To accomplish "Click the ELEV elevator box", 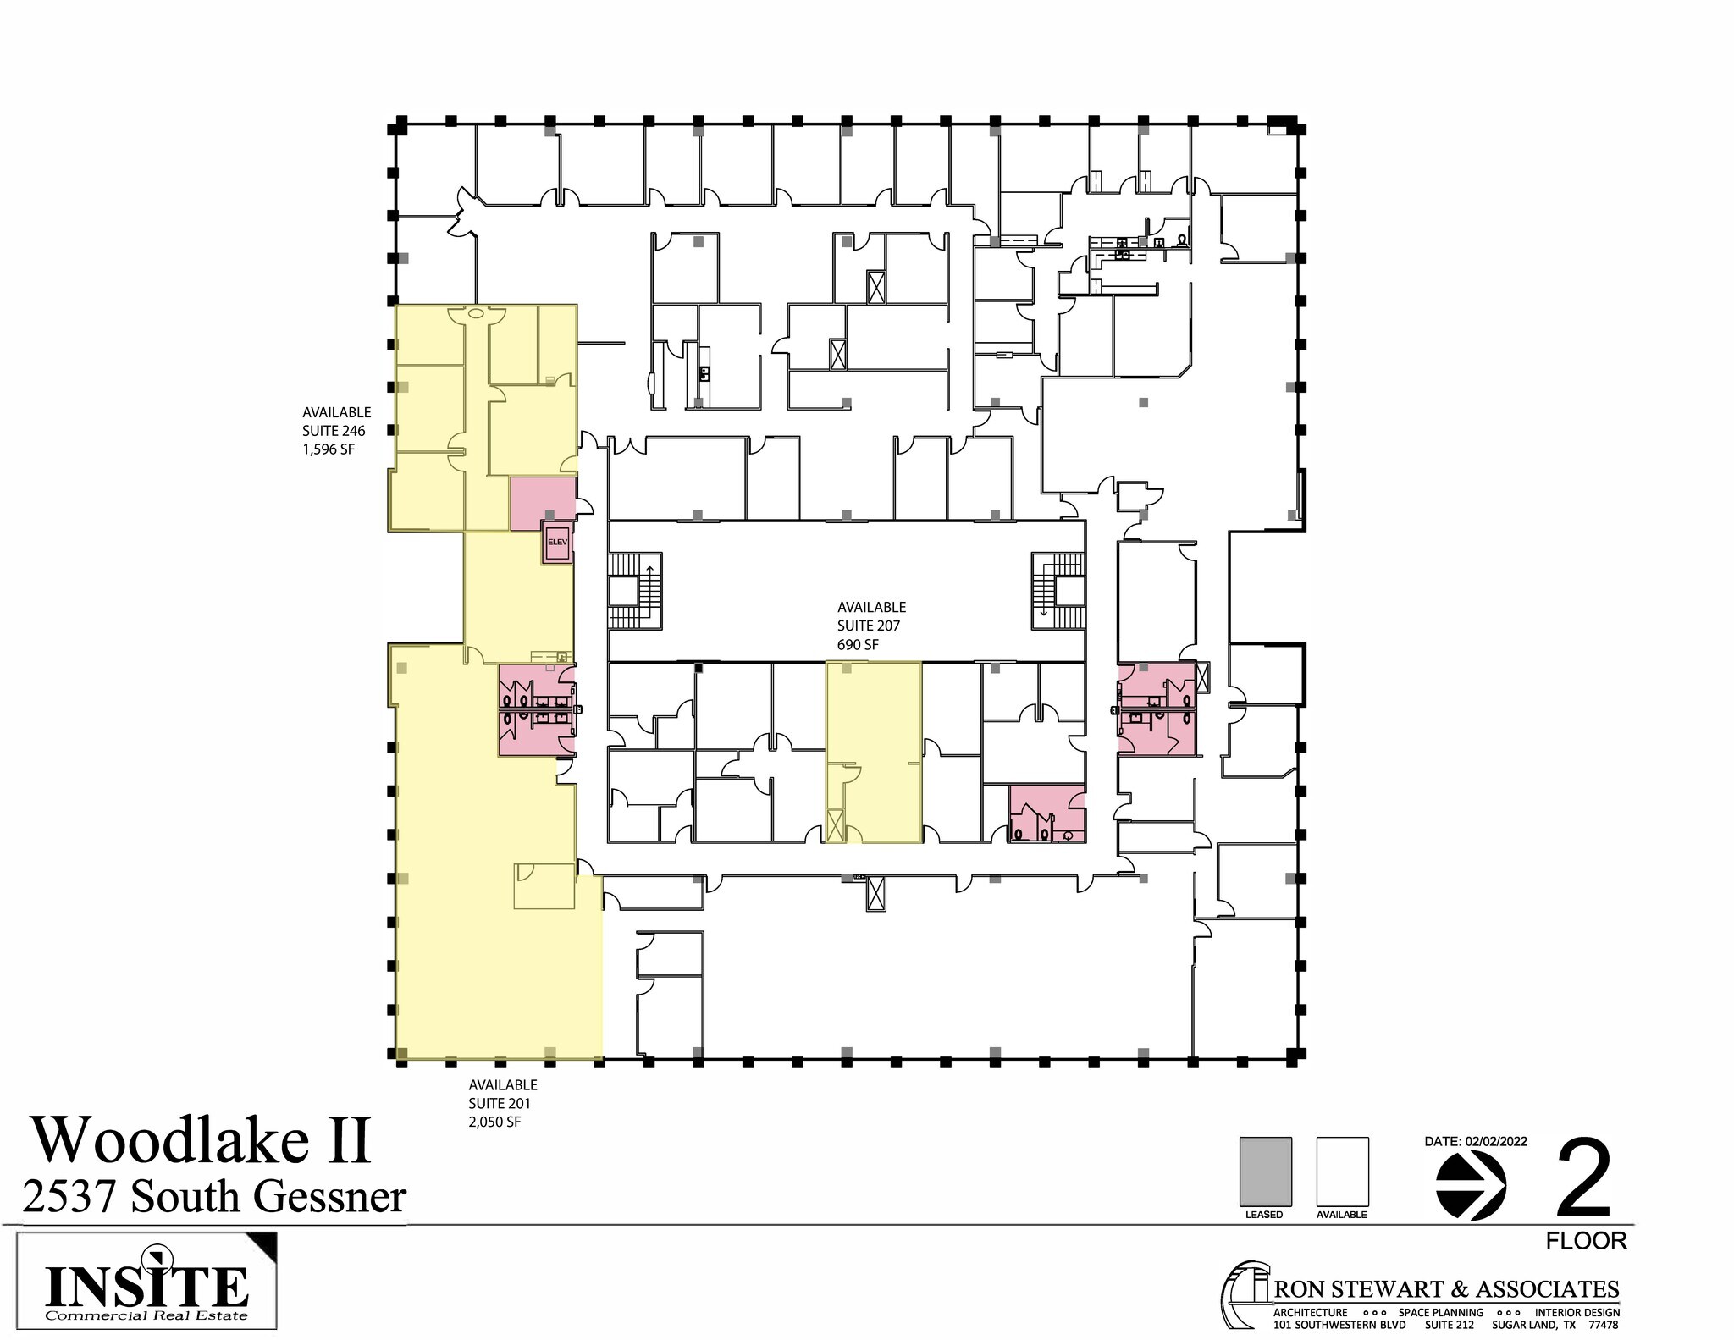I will pos(557,542).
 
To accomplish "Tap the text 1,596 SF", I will pos(329,449).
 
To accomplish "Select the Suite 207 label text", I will pos(869,626).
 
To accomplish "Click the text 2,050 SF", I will pos(495,1122).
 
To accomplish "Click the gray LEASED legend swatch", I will pos(1265,1172).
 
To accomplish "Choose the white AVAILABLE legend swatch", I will pos(1342,1172).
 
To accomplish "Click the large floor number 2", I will pos(1584,1177).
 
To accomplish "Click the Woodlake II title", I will pos(202,1140).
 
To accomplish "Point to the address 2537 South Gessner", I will pos(214,1197).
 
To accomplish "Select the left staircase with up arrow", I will pos(635,590).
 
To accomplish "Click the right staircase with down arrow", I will pos(1058,590).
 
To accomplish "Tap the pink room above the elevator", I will pos(542,502).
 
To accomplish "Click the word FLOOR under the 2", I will pos(1586,1241).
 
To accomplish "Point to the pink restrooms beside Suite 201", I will pos(536,709).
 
